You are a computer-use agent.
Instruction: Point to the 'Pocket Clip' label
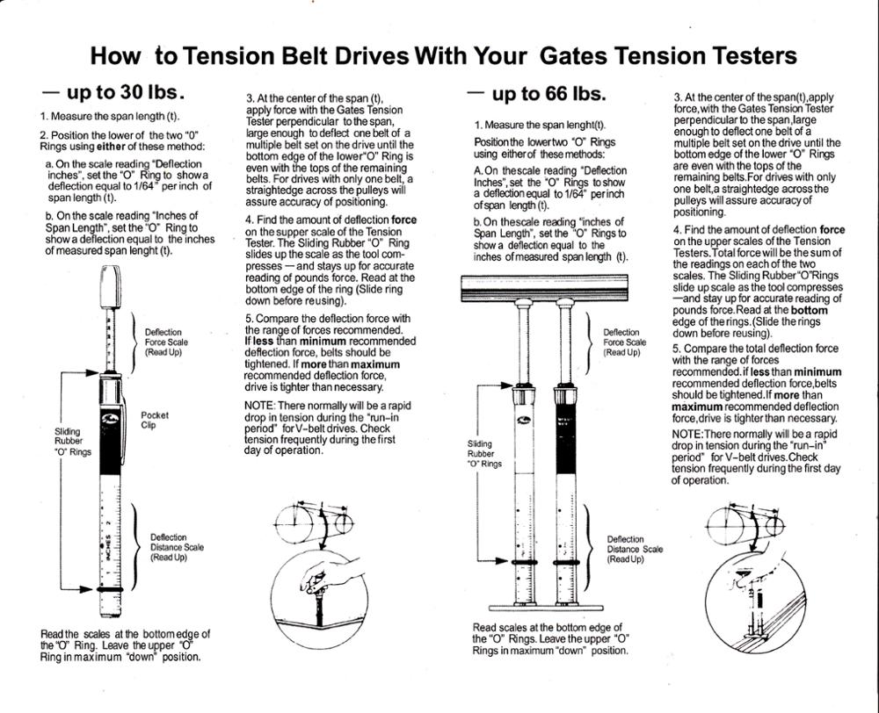point(154,420)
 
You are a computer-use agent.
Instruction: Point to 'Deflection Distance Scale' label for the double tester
point(634,550)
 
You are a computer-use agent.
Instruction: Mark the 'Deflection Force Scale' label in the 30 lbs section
point(166,342)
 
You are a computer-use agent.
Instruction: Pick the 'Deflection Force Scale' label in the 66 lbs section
point(624,342)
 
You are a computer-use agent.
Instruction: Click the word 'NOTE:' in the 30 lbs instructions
point(259,405)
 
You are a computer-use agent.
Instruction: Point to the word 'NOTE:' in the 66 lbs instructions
point(686,435)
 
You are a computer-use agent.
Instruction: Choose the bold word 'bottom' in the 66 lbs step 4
point(809,310)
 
